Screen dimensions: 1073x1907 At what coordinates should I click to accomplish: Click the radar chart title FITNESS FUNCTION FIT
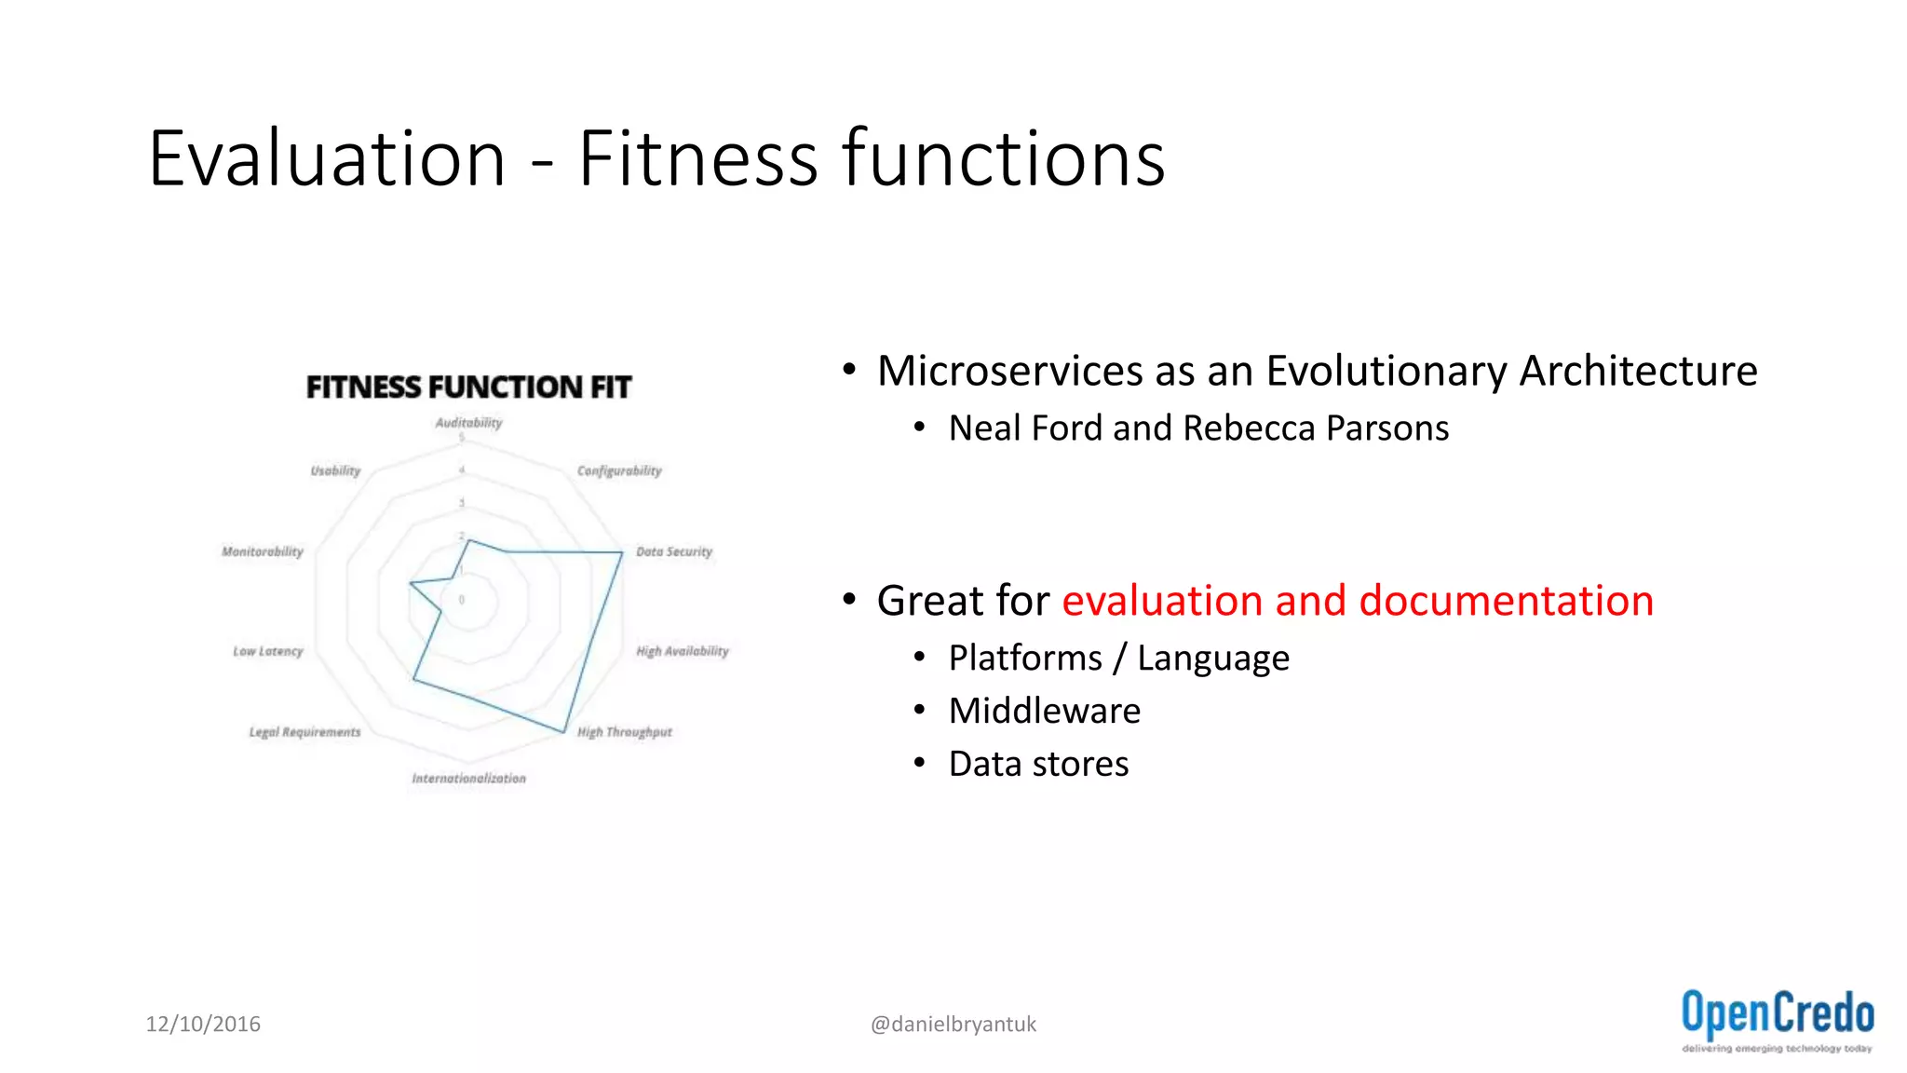tap(468, 387)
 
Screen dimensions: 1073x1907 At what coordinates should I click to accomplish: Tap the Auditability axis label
tap(468, 423)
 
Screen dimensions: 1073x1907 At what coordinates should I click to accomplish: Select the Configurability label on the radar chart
tap(619, 471)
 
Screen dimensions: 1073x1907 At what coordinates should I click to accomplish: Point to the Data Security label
tap(674, 551)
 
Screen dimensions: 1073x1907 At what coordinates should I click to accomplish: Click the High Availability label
tap(683, 651)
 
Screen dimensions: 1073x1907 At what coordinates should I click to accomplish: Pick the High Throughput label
tap(624, 732)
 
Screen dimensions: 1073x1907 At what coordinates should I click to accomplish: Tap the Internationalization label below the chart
tap(468, 779)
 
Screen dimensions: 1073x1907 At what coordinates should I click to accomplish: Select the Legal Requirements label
tap(304, 732)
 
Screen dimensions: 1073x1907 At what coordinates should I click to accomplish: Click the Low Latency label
tap(268, 651)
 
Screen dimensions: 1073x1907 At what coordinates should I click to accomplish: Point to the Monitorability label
tap(263, 551)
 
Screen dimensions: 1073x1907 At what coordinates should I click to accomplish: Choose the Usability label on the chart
tap(335, 471)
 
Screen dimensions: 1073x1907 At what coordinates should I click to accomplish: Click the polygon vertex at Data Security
tap(622, 553)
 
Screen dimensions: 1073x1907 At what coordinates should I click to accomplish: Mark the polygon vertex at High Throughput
tap(564, 732)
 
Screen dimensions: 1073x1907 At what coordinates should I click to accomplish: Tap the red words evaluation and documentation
tap(1358, 601)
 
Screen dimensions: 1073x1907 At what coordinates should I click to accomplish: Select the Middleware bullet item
tap(1044, 712)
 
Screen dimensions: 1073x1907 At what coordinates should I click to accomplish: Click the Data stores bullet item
tap(1038, 765)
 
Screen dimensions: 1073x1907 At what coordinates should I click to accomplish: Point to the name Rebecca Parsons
tap(1315, 428)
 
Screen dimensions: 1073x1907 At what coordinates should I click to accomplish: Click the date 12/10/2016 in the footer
tap(203, 1024)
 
